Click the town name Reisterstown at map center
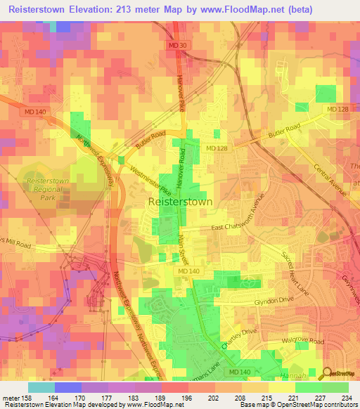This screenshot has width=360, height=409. coord(181,202)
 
